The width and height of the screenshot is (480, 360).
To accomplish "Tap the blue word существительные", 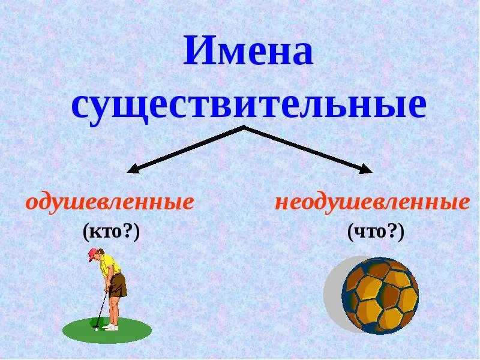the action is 248,105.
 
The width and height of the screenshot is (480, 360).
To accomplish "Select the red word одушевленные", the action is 109,203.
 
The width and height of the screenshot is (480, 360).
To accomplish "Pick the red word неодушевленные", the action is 372,203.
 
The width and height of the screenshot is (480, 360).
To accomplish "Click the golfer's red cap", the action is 92,254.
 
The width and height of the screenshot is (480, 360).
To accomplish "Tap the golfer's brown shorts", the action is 118,284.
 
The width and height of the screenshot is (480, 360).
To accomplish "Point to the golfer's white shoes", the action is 111,327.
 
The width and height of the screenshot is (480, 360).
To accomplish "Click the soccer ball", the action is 380,296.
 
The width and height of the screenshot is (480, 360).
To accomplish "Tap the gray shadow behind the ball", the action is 335,294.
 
